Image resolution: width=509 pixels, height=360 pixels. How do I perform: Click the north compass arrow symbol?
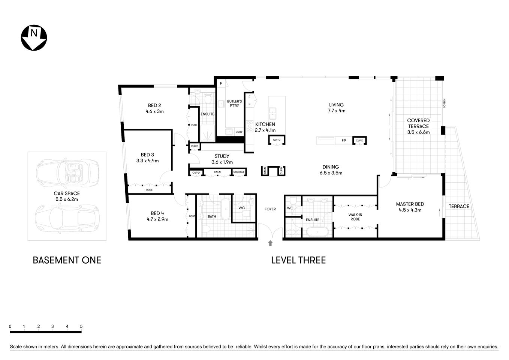[34, 37]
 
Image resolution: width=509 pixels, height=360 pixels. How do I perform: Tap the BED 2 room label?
[154, 105]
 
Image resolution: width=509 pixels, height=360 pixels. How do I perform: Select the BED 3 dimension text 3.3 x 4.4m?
[147, 161]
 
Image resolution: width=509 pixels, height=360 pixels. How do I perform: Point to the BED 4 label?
[157, 213]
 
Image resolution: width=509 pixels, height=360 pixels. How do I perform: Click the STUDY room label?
[222, 156]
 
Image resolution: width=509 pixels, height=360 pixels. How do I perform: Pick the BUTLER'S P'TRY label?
[234, 103]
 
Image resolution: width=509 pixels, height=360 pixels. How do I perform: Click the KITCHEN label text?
[265, 124]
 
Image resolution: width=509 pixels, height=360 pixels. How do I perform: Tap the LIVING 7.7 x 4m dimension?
[336, 111]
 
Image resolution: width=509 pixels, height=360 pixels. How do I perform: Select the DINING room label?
[331, 167]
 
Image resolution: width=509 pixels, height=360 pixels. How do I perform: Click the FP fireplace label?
[343, 141]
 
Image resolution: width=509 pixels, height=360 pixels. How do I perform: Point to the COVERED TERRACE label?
[418, 123]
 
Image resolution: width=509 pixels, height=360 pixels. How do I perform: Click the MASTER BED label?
[410, 204]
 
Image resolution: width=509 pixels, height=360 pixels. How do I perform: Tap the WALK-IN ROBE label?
[355, 217]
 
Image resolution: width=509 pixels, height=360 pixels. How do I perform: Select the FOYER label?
[270, 209]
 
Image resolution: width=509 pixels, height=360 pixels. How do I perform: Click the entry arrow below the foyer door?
[270, 243]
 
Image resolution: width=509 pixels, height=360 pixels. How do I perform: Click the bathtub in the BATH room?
[225, 209]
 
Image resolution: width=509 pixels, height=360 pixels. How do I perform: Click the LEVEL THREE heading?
[298, 260]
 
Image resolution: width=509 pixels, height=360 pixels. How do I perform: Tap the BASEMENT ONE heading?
[67, 260]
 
